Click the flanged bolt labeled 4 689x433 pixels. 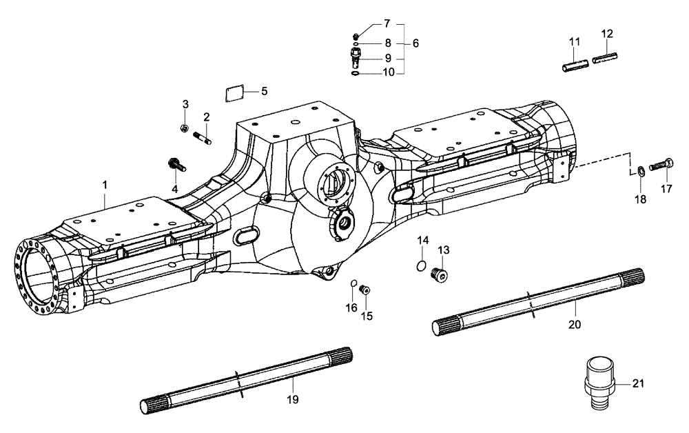coord(174,165)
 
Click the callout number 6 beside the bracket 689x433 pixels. coord(415,43)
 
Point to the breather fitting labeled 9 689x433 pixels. coord(356,57)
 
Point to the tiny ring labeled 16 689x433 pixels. coord(354,283)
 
